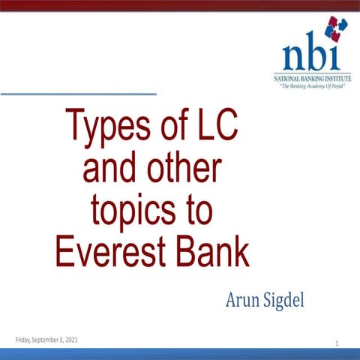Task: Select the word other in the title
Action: coord(183,169)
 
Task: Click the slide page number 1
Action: coord(338,343)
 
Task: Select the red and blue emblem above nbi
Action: coord(335,28)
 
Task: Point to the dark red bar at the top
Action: coord(180,4)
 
